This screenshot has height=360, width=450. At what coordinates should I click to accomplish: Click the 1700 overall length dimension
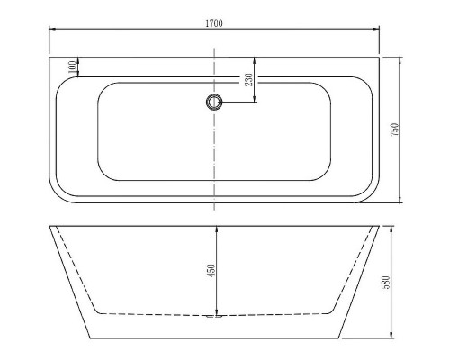coord(214,20)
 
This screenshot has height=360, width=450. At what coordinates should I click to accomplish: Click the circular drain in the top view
coord(214,103)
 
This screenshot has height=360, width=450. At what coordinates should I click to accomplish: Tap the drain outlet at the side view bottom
coord(214,316)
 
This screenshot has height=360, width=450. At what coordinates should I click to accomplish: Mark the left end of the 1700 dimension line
coord(48,28)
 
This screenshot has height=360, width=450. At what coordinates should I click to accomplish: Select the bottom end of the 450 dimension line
coord(216,314)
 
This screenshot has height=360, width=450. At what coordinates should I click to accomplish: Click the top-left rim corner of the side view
coord(48,222)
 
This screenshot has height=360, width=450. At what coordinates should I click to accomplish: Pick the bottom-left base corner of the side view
coord(90,338)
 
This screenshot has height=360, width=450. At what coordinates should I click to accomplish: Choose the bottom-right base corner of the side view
coord(339,338)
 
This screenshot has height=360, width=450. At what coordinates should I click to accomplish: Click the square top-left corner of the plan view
coord(49,59)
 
